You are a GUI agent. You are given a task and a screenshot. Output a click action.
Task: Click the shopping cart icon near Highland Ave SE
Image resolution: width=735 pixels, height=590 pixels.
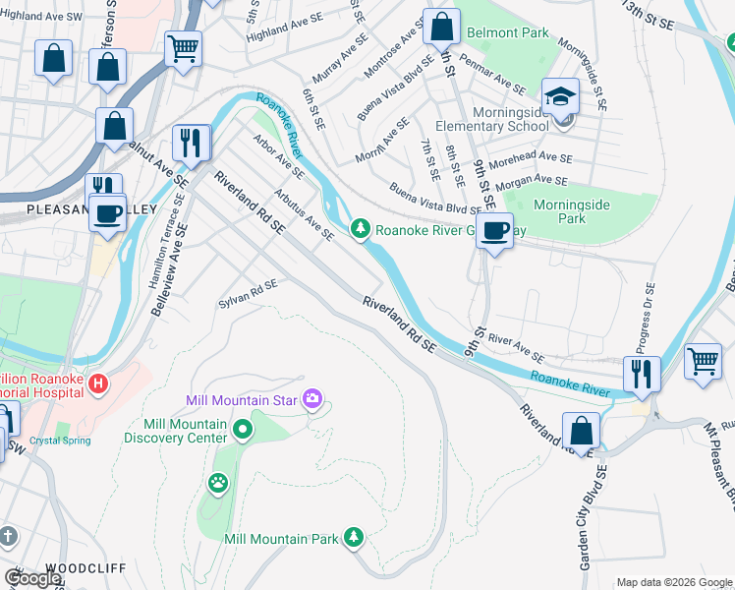[184, 48]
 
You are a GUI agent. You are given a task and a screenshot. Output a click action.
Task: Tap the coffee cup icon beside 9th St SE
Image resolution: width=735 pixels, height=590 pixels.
[494, 231]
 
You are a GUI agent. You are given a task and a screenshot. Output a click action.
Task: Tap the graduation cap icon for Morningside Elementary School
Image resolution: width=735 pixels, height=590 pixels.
[560, 96]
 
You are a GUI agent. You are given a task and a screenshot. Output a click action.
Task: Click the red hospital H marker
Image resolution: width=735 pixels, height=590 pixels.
[97, 383]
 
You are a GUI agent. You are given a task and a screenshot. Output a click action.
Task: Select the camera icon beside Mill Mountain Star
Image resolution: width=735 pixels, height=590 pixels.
[313, 398]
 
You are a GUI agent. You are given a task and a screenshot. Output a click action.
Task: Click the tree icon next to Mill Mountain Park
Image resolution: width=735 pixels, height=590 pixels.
[354, 537]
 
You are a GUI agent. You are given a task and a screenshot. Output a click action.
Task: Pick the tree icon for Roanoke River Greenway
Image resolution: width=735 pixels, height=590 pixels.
[362, 229]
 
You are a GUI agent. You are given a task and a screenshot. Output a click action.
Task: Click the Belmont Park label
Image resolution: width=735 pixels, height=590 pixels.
[507, 32]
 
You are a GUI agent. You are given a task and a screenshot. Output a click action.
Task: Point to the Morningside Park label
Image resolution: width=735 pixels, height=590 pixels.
[572, 211]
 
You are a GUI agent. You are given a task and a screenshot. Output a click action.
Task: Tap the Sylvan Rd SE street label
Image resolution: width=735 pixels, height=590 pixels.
[248, 294]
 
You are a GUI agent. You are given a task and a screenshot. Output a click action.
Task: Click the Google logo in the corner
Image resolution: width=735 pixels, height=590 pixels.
[32, 578]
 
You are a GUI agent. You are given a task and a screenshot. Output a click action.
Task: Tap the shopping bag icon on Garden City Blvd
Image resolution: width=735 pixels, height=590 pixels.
[581, 431]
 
